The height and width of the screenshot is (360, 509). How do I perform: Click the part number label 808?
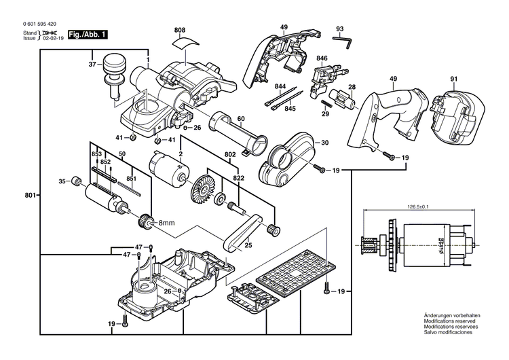(x=179, y=30)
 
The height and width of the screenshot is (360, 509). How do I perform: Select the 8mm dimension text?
(x=166, y=223)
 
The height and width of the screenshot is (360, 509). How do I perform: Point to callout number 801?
(x=30, y=196)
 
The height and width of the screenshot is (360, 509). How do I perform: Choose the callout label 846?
(x=322, y=59)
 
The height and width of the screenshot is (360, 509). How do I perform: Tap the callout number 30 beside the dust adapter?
(x=324, y=143)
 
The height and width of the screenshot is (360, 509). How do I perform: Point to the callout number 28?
(x=352, y=88)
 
